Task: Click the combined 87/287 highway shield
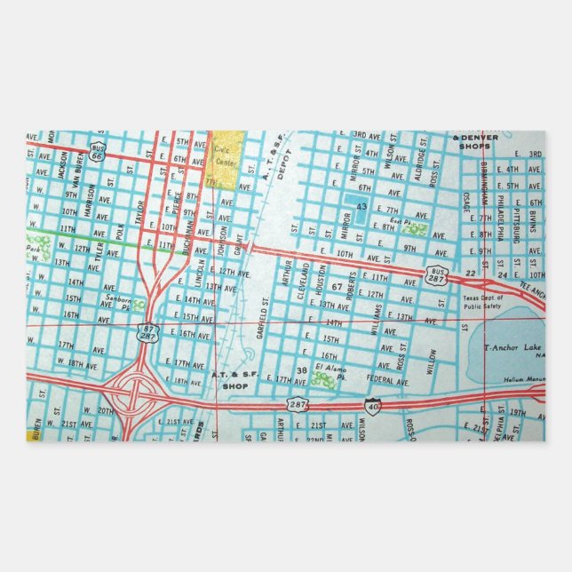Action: point(147,331)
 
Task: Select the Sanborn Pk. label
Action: point(122,303)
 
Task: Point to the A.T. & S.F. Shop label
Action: point(233,380)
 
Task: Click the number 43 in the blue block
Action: point(361,207)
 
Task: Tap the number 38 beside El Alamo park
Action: point(302,369)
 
